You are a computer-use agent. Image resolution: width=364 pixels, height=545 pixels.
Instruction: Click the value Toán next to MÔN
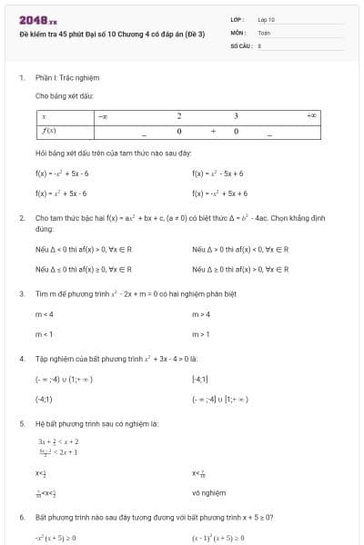(x=264, y=31)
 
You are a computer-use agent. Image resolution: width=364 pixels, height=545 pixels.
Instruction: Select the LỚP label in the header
(x=237, y=18)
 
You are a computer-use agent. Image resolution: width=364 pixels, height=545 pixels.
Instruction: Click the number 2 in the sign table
(x=179, y=116)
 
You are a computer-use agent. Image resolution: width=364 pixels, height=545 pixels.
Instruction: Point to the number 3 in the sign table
(x=236, y=116)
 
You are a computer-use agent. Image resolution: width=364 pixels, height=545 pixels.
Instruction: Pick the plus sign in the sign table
(x=212, y=132)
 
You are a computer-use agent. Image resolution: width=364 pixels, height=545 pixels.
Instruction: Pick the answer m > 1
(x=201, y=334)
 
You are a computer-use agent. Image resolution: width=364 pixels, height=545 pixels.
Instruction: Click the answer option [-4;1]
(x=200, y=379)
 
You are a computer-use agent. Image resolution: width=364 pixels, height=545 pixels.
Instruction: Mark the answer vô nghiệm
(x=207, y=494)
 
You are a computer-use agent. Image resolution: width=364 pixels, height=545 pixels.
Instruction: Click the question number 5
(x=21, y=423)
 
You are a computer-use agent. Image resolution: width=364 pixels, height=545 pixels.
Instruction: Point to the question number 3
(x=21, y=293)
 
